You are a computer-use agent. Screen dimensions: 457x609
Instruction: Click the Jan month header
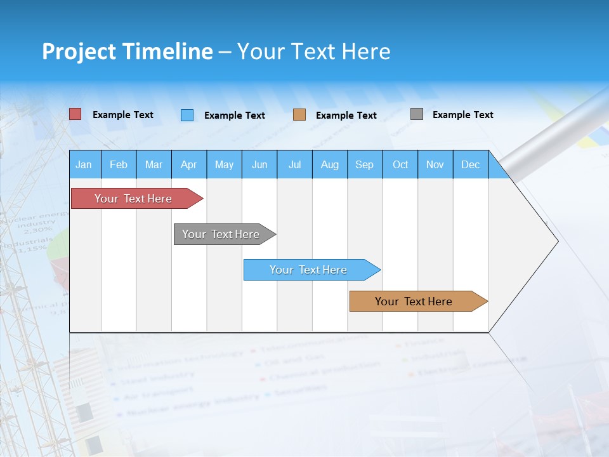[x=84, y=164]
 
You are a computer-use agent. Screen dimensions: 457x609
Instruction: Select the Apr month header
[x=189, y=164]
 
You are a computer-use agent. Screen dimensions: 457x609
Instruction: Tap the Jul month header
[x=294, y=164]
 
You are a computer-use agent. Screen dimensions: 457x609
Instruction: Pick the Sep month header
[x=364, y=164]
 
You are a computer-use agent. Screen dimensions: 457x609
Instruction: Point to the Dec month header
[x=470, y=164]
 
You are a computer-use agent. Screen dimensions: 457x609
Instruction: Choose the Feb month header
[x=119, y=164]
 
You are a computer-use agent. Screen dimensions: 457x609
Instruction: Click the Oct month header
[x=400, y=164]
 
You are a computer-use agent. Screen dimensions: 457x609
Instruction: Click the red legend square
[x=75, y=114]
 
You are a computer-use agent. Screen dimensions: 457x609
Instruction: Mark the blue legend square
[x=187, y=115]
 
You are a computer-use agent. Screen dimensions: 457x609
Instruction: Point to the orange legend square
[x=299, y=115]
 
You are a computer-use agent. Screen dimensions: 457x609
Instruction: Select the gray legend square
[x=417, y=114]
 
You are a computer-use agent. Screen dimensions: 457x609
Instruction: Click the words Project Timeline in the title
[x=128, y=51]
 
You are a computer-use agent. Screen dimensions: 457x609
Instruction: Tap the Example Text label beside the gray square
[x=462, y=115]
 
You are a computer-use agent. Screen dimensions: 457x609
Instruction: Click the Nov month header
[x=435, y=164]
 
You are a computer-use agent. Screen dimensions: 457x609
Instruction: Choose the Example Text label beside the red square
[x=123, y=115]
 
